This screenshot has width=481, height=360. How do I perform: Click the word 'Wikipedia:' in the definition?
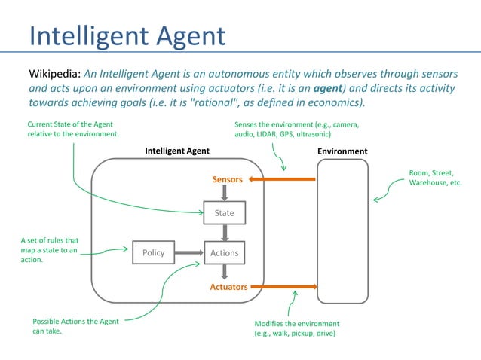pyautogui.click(x=54, y=75)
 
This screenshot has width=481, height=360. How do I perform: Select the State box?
pyautogui.click(x=225, y=213)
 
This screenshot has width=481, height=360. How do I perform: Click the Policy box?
pyautogui.click(x=153, y=253)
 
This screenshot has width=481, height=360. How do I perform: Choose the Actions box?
pyautogui.click(x=225, y=253)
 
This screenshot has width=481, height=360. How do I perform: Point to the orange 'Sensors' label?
pyautogui.click(x=227, y=180)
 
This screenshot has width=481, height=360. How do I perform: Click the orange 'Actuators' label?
pyautogui.click(x=228, y=287)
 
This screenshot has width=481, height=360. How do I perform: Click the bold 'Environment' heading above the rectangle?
pyautogui.click(x=342, y=151)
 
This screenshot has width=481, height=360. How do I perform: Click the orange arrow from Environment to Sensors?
pyautogui.click(x=282, y=179)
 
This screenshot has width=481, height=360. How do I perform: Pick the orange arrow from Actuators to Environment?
pyautogui.click(x=283, y=287)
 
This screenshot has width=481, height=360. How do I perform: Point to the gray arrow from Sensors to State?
pyautogui.click(x=225, y=193)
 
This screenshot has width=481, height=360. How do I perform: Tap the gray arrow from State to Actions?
pyautogui.click(x=225, y=233)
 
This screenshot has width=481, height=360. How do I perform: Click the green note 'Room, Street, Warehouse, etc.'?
pyautogui.click(x=436, y=178)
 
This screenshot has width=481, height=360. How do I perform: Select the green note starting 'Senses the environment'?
pyautogui.click(x=296, y=129)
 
